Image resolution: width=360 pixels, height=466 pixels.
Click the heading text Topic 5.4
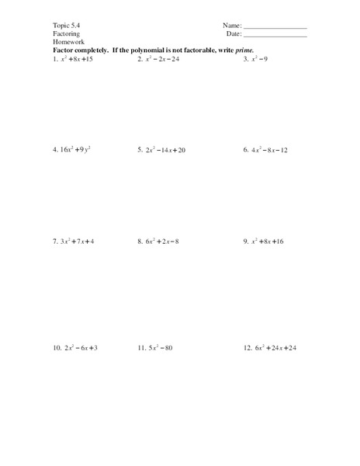coord(66,26)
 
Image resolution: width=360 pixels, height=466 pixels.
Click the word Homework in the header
coord(68,42)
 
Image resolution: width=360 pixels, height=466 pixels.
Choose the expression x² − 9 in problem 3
coord(258,58)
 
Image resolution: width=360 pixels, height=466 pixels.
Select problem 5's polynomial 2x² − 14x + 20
coord(164,149)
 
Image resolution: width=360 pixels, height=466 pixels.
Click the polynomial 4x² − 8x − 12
coord(268,149)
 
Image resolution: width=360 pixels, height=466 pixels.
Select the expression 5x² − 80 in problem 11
coord(161,348)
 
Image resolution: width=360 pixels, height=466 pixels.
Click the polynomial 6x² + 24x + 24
coord(275,348)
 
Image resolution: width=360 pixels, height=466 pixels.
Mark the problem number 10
coord(57,348)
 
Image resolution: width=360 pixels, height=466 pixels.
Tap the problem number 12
coord(247,348)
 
